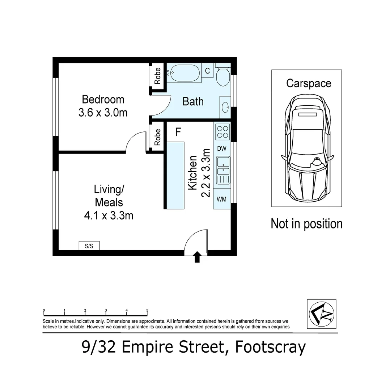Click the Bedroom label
(x=103, y=100)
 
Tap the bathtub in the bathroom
(x=184, y=73)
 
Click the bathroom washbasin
(x=225, y=107)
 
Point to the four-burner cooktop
(x=222, y=132)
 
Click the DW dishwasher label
(x=221, y=149)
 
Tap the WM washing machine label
(x=221, y=199)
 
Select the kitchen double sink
(x=223, y=170)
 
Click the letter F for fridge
(x=178, y=132)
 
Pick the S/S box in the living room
(x=89, y=246)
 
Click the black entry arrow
(x=197, y=257)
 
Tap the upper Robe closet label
(x=157, y=76)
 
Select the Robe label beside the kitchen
(x=157, y=137)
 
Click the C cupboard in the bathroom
(x=207, y=71)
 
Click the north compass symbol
(x=322, y=314)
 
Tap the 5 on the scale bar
(x=147, y=311)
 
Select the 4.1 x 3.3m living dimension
(x=109, y=216)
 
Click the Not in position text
(x=306, y=224)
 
